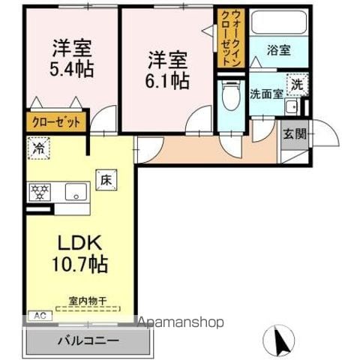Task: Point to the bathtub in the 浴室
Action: [278, 25]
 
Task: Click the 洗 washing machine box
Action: [298, 85]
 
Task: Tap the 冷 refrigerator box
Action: [36, 148]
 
